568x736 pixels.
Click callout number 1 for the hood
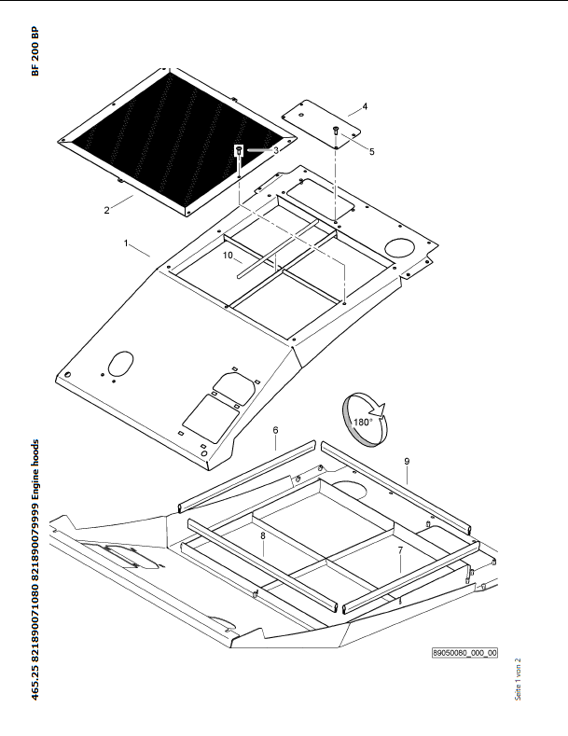126,243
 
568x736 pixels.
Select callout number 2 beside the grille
106,210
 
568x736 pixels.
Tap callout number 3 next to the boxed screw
276,150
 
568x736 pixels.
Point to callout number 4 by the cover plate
365,106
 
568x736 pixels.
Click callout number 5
372,152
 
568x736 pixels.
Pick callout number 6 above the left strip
275,430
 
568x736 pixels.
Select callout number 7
400,550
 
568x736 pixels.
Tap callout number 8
263,535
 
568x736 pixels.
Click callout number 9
407,462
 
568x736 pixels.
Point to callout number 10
228,256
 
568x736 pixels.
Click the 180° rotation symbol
366,420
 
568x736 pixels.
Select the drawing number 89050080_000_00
464,652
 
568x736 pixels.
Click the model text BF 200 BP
35,51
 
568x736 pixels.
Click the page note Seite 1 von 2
518,679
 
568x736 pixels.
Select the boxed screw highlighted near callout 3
239,151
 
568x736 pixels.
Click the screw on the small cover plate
336,130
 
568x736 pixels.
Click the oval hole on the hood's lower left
120,363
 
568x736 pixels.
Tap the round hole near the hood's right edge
399,247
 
